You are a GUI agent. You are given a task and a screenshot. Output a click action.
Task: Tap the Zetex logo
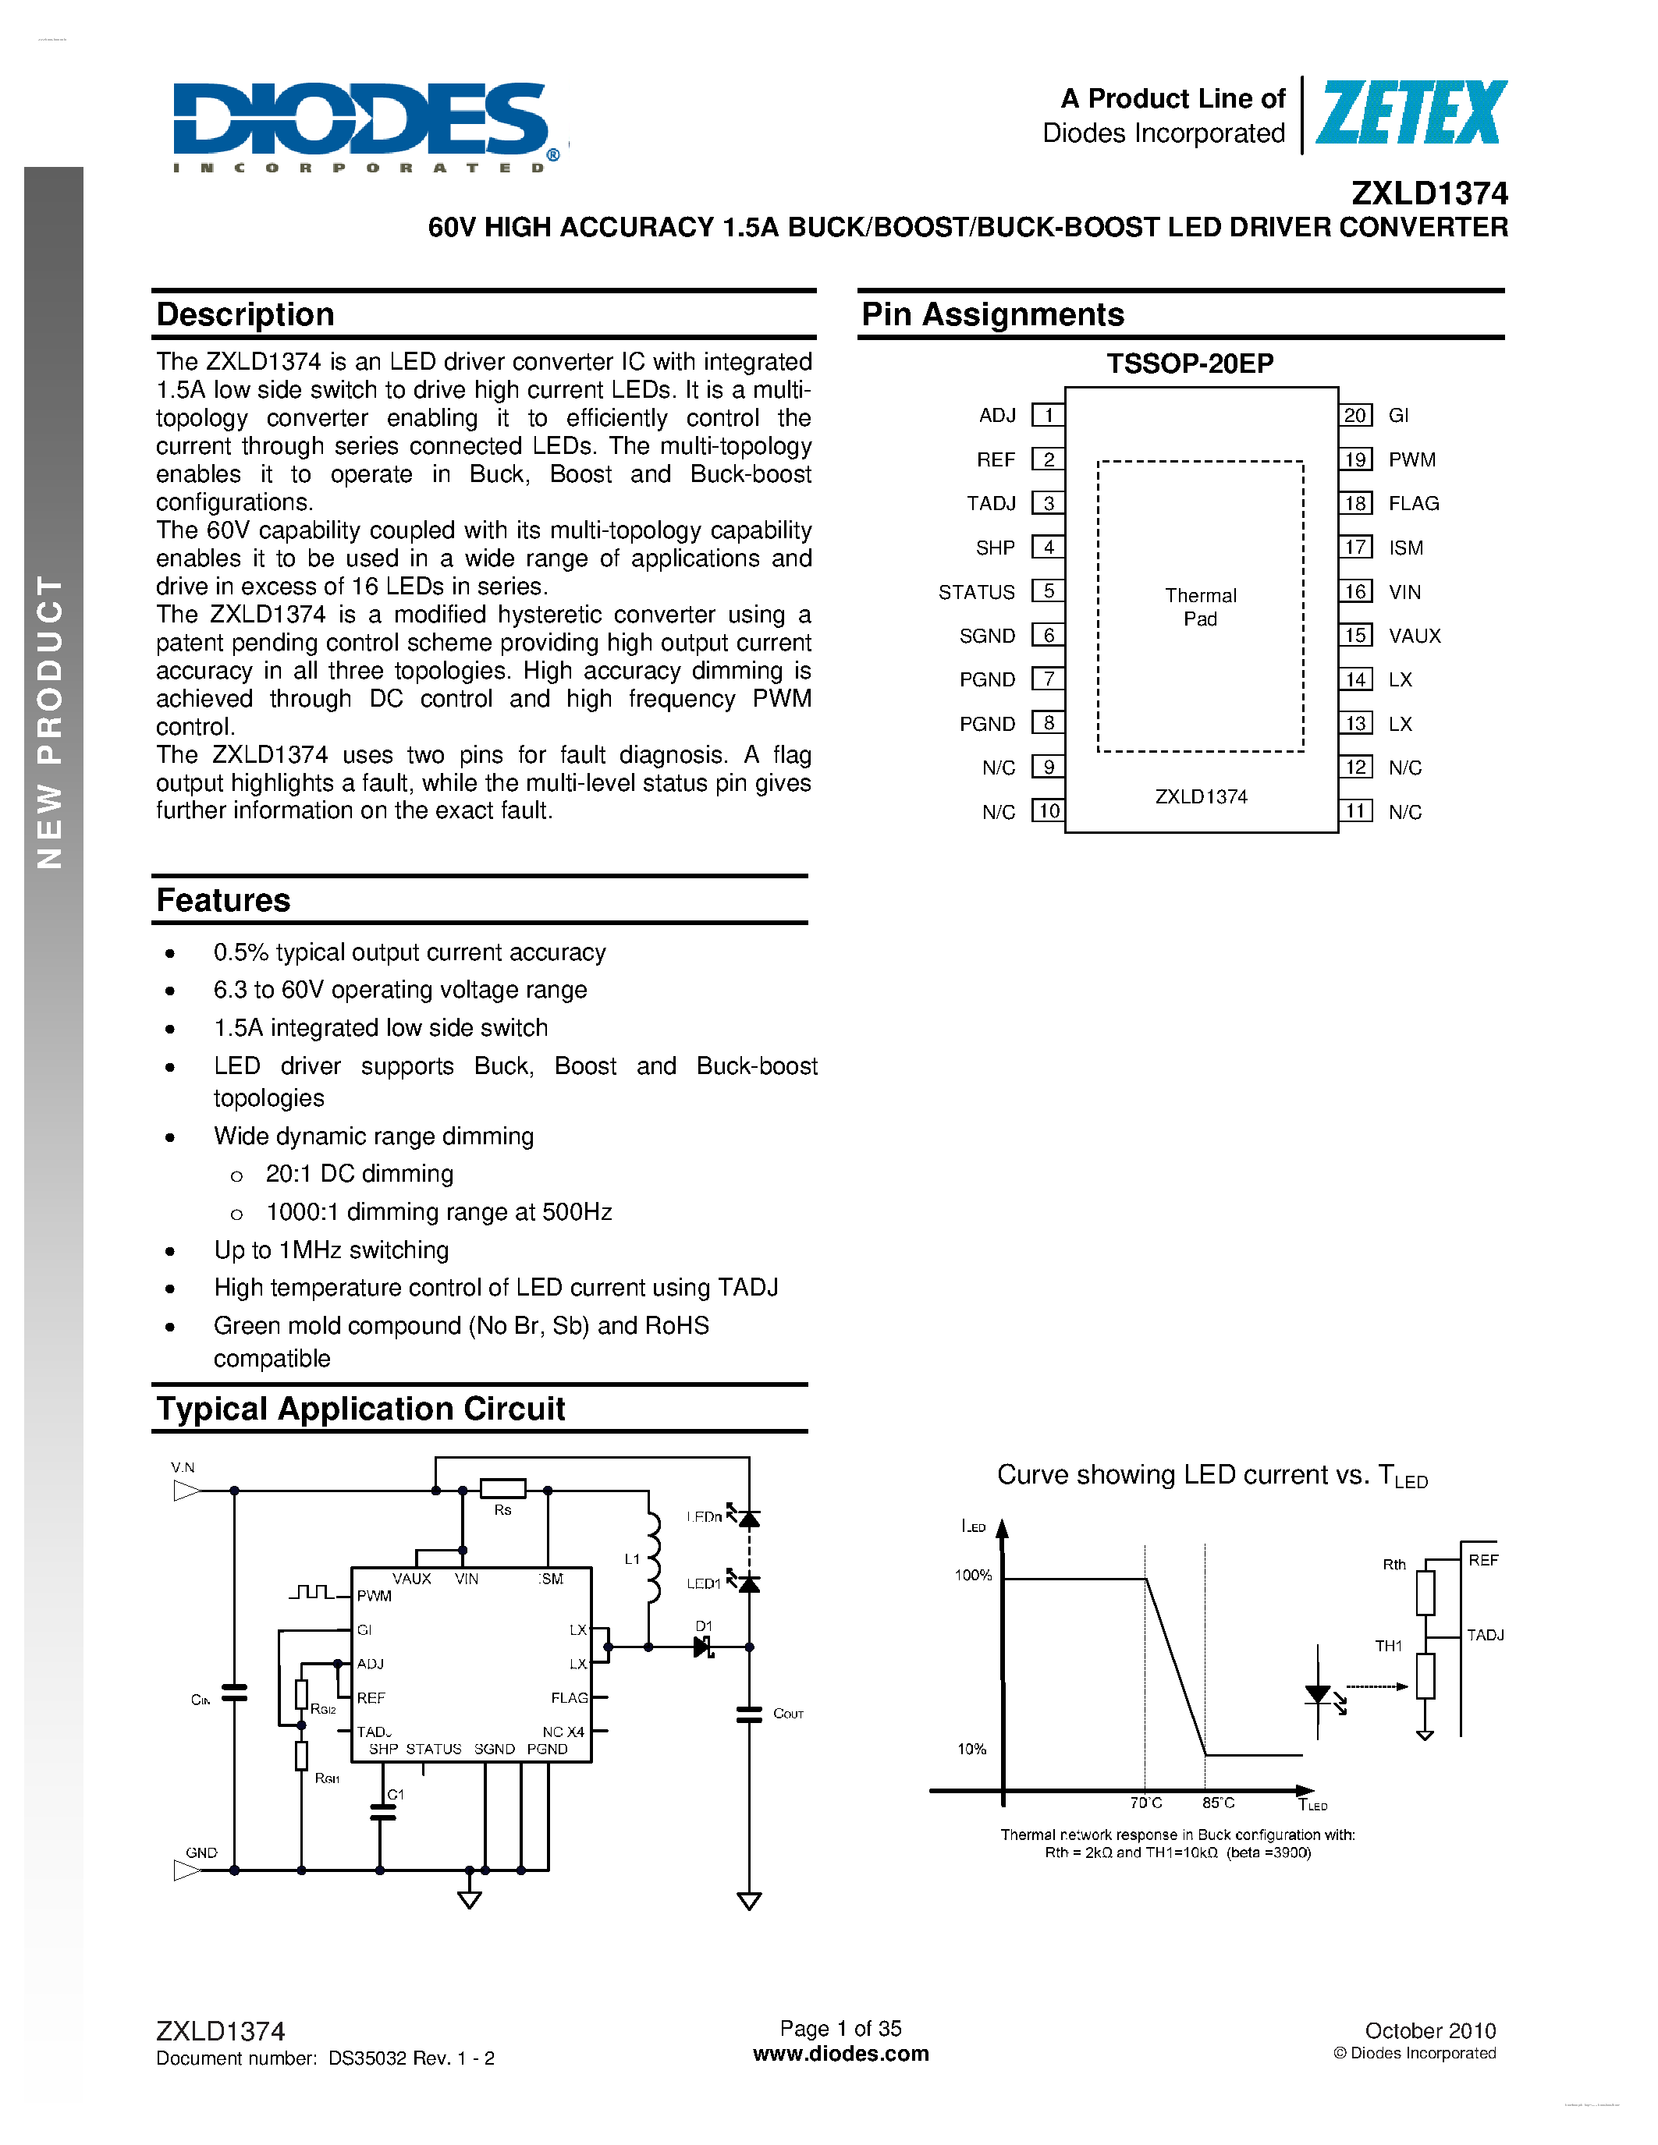pos(1411,114)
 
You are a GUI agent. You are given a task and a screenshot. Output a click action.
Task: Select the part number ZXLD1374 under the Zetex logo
pos(1429,193)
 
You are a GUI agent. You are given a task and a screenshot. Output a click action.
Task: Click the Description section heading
pos(246,314)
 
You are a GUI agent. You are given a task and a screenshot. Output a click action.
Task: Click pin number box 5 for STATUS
pos(1048,591)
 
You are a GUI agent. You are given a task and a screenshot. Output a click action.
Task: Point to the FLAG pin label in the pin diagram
pos(1414,504)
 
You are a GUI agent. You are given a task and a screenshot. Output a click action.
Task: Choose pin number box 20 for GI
pos(1355,416)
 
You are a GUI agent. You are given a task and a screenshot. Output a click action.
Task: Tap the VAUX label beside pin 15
pos(1415,636)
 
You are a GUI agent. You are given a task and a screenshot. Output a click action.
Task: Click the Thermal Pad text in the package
pos(1200,607)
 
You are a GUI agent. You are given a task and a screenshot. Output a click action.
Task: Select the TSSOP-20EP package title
pos(1190,364)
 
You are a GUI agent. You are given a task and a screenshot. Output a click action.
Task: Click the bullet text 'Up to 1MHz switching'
pos(331,1250)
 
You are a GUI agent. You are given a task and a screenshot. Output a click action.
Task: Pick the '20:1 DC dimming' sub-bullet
pos(360,1174)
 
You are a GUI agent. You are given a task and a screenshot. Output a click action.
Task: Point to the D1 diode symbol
pos(703,1647)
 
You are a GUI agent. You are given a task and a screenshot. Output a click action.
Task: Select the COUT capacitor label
pos(788,1714)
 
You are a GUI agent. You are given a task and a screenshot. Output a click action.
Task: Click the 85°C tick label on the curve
pos(1218,1803)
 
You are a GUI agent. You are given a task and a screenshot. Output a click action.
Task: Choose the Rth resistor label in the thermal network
pos(1394,1565)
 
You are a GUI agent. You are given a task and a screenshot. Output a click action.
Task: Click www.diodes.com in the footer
pos(841,2054)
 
